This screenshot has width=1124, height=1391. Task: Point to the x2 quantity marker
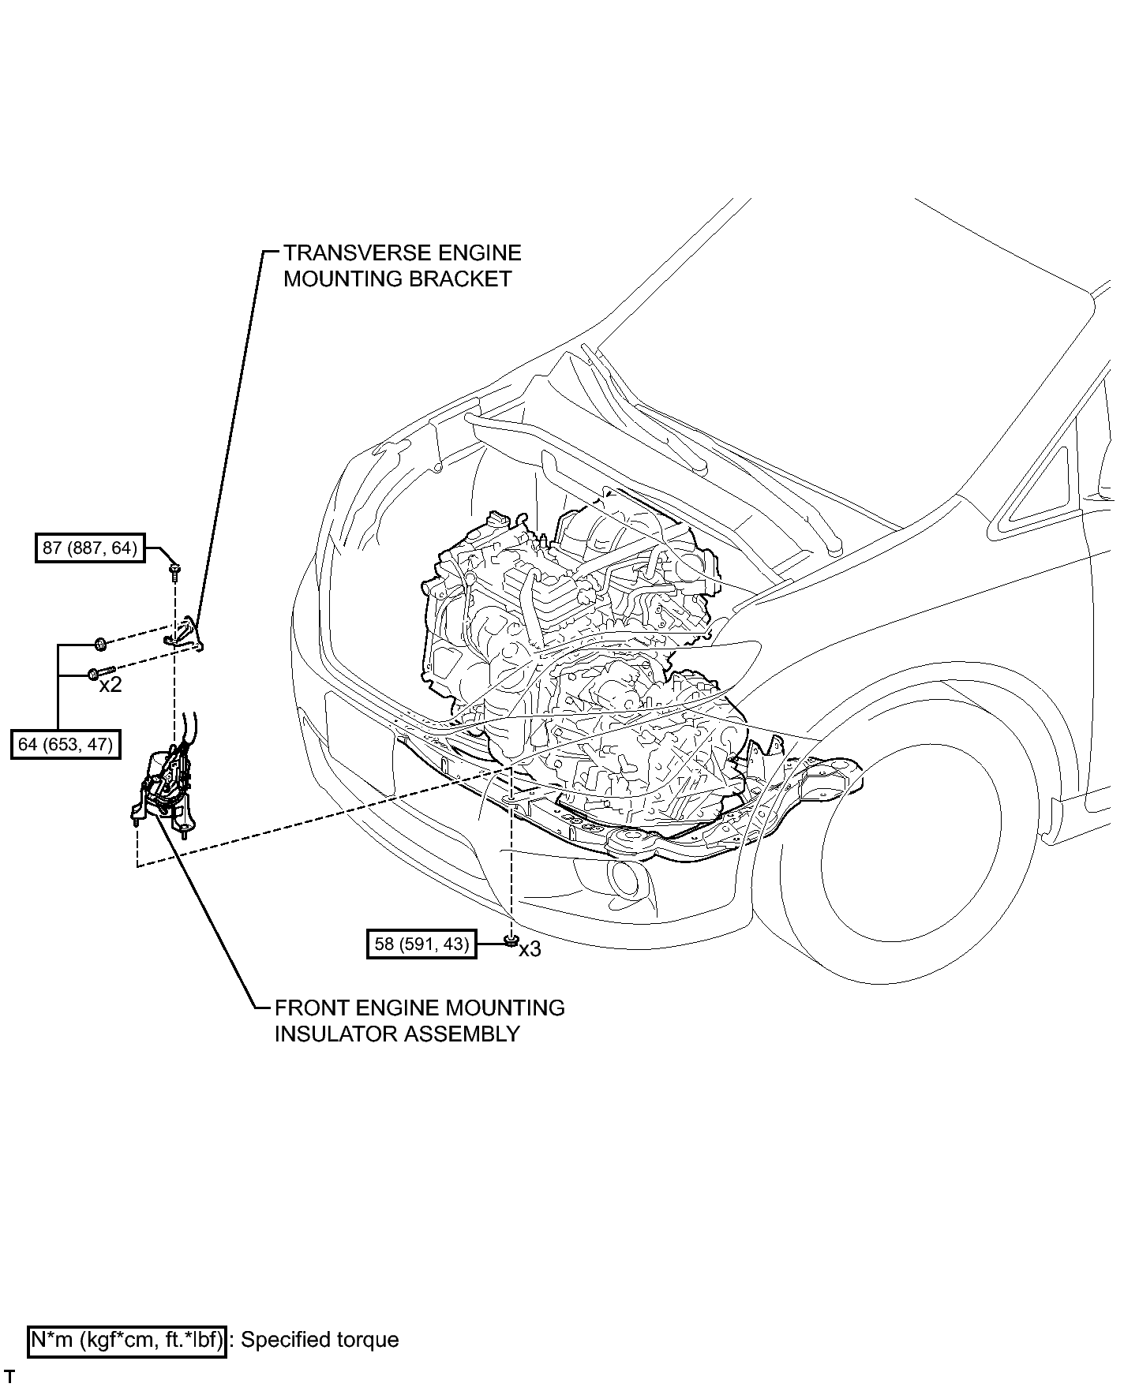pyautogui.click(x=111, y=685)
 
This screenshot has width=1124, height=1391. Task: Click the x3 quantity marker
pyautogui.click(x=530, y=949)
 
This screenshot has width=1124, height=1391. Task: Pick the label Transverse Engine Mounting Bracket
pyautogui.click(x=403, y=266)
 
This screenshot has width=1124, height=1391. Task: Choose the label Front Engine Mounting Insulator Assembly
pyautogui.click(x=420, y=1020)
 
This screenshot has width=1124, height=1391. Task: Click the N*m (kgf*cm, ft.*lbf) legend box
pyautogui.click(x=127, y=1340)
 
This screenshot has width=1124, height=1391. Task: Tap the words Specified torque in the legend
pyautogui.click(x=320, y=1340)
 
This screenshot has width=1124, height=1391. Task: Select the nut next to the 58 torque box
pyautogui.click(x=510, y=939)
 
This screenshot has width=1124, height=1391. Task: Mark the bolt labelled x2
pyautogui.click(x=103, y=672)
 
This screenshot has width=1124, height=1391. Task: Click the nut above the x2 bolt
pyautogui.click(x=100, y=645)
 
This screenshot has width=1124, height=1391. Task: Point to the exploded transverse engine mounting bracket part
pyautogui.click(x=185, y=634)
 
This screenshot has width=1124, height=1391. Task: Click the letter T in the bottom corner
pyautogui.click(x=9, y=1376)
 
